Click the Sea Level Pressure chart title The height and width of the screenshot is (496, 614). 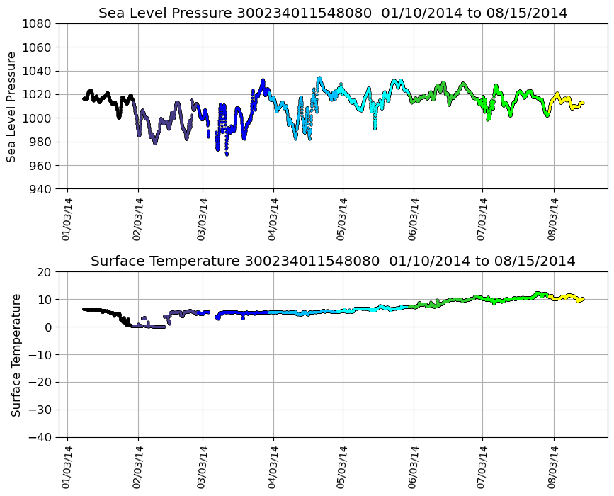(333, 13)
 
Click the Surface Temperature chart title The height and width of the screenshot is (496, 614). (333, 261)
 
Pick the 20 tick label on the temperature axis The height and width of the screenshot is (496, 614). (45, 272)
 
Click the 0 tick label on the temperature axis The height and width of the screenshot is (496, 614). (47, 327)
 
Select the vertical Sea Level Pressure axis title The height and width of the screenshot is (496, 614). (12, 106)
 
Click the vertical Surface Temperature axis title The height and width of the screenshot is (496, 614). (16, 354)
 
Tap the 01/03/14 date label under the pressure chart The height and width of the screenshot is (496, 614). (67, 220)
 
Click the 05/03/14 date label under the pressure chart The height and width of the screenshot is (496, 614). (343, 220)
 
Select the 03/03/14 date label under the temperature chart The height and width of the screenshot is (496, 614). (203, 468)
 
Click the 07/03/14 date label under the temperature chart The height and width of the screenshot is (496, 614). (482, 468)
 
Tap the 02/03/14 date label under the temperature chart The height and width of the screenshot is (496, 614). (138, 468)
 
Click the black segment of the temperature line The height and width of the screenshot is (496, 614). (99, 310)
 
